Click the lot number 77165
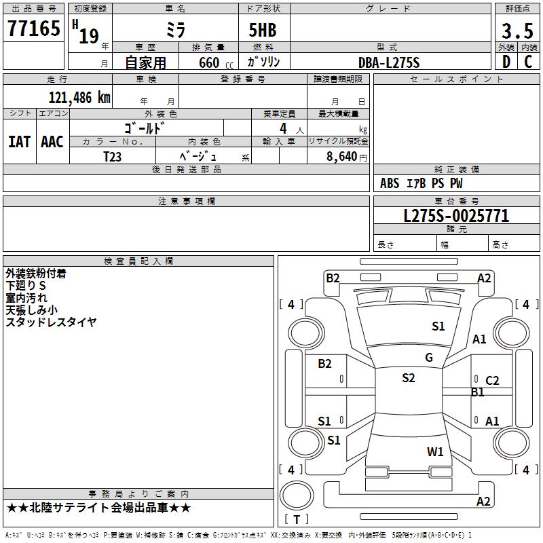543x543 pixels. [x=33, y=29]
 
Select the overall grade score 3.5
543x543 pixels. [x=517, y=31]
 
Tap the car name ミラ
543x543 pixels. [x=175, y=30]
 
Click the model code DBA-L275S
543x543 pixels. [x=389, y=62]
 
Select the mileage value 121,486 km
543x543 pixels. [x=79, y=97]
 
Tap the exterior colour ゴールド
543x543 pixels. [x=145, y=128]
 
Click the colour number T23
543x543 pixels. [x=113, y=156]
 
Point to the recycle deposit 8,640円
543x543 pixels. [x=347, y=156]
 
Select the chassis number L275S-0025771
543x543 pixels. [x=456, y=217]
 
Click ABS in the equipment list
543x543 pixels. [x=390, y=183]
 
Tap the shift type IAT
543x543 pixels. [x=19, y=141]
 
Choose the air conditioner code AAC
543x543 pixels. [x=52, y=141]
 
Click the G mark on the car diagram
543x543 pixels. [x=429, y=358]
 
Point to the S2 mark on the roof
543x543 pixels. [x=409, y=378]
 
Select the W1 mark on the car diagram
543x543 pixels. [x=435, y=451]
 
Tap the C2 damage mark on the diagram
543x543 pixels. [x=492, y=381]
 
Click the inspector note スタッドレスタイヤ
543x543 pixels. [x=52, y=322]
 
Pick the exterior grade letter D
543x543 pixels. [x=506, y=62]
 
